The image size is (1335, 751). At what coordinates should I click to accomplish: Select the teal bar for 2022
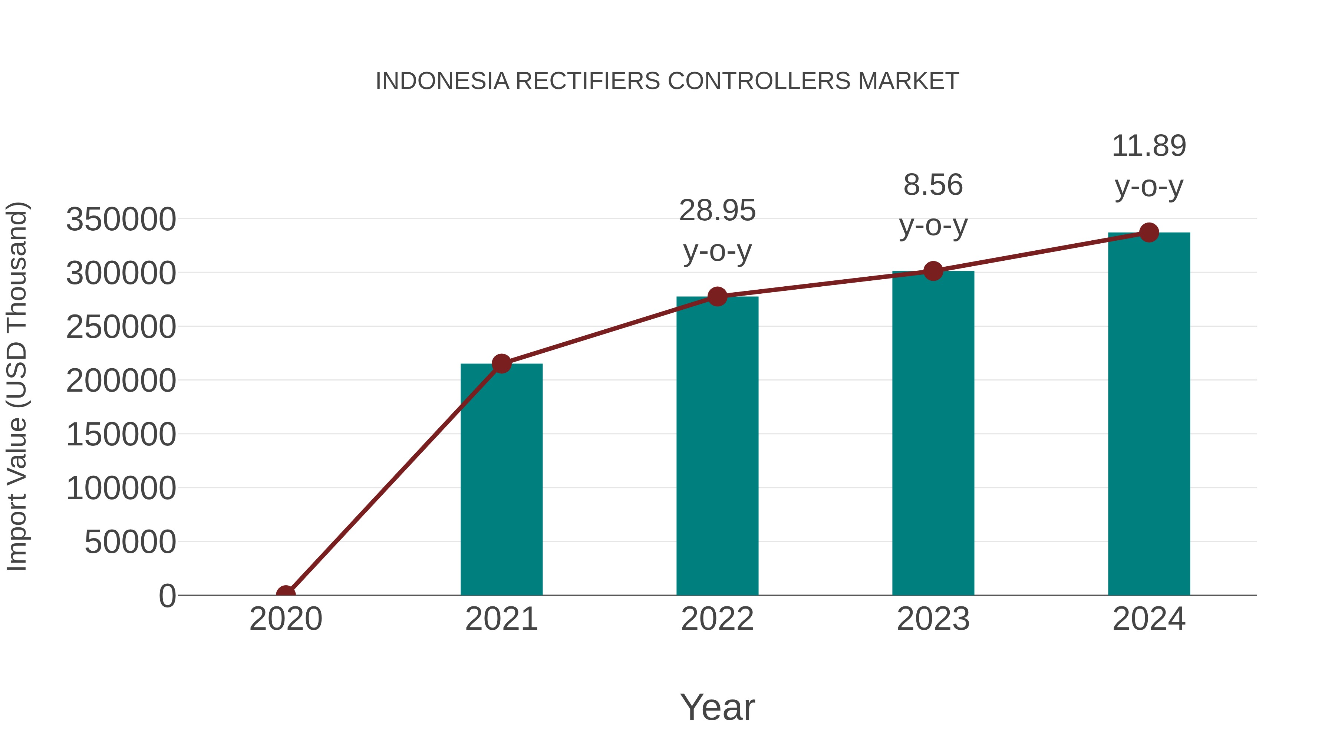(x=717, y=446)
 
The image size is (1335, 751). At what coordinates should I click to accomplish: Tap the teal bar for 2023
(x=933, y=433)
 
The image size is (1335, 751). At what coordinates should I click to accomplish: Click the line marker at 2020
(x=286, y=594)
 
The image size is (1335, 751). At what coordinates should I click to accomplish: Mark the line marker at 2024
(x=1149, y=233)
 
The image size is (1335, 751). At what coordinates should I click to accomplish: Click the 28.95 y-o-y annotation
(x=717, y=231)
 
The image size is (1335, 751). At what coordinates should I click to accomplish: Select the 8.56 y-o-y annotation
(x=933, y=205)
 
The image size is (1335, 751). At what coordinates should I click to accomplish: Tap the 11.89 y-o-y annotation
(x=1149, y=165)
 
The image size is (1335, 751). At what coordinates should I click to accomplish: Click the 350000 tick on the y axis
(x=121, y=219)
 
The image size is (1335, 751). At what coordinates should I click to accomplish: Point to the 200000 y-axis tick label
(x=121, y=381)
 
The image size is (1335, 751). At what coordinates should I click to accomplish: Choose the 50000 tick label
(x=130, y=542)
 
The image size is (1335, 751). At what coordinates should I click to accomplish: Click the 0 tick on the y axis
(x=167, y=596)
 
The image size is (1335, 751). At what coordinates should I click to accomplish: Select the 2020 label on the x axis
(x=286, y=619)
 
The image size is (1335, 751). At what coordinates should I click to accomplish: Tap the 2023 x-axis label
(x=933, y=619)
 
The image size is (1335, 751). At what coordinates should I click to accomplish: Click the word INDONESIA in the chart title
(x=442, y=81)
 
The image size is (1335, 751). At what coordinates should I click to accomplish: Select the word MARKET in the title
(x=908, y=81)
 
